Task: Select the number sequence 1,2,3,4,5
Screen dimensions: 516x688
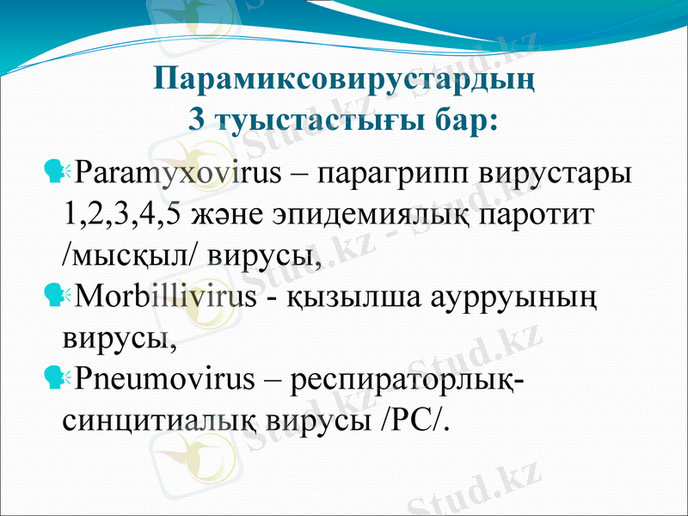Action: click(x=121, y=213)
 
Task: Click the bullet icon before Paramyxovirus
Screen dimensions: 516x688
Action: click(x=61, y=171)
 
